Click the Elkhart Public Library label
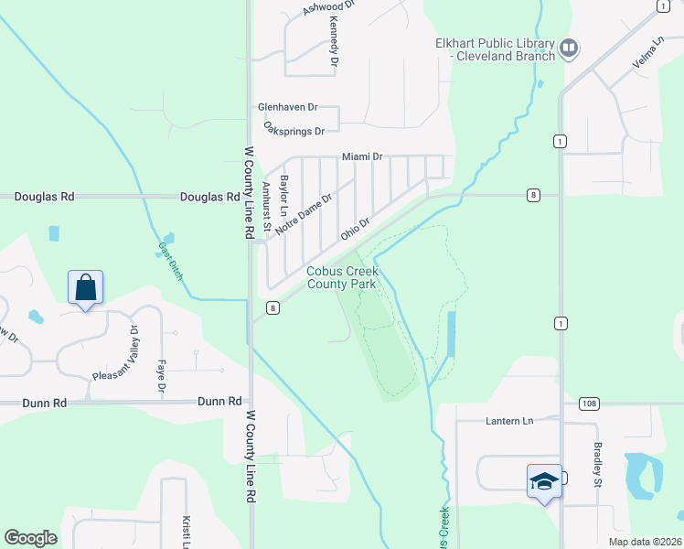(x=495, y=49)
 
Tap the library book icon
(x=569, y=47)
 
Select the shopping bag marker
(x=85, y=287)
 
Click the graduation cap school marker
(x=544, y=481)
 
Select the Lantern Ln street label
(x=508, y=421)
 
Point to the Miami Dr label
(x=361, y=157)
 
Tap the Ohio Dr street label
(x=355, y=229)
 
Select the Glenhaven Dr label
(x=286, y=106)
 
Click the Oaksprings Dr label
(x=294, y=130)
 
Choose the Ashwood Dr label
(x=327, y=8)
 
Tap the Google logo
(x=30, y=538)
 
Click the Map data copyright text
(x=644, y=542)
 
